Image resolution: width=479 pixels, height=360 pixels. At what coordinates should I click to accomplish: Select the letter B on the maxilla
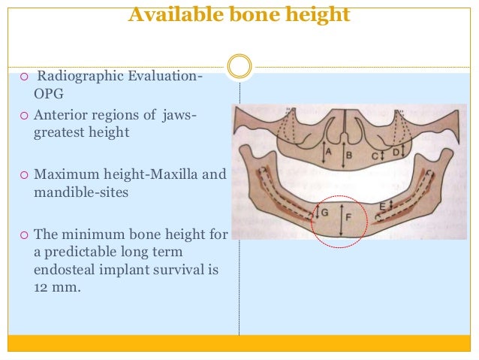coord(349,156)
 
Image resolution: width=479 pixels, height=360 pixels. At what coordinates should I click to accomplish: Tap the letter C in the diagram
coord(375,156)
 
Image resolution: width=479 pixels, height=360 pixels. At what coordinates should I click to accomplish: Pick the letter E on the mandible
coord(383,205)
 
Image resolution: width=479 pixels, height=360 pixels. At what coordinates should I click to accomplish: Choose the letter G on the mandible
coord(324,213)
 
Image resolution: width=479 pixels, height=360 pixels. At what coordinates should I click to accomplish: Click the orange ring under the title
coord(239,66)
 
